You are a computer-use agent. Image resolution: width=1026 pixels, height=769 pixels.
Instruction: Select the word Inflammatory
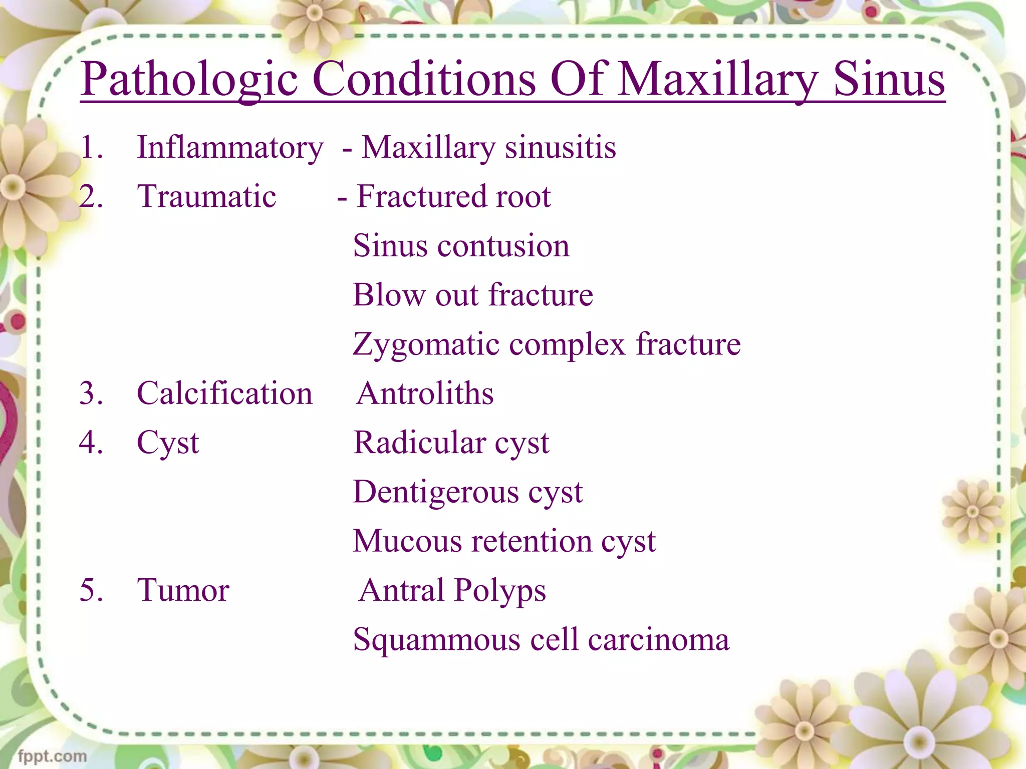point(230,148)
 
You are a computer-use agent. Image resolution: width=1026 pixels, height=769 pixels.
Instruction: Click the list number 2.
point(91,196)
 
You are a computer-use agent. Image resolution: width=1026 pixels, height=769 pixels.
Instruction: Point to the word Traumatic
point(206,196)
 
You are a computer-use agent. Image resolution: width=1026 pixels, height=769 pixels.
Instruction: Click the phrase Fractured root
point(453,196)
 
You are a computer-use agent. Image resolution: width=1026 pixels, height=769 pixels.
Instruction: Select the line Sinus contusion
point(461,246)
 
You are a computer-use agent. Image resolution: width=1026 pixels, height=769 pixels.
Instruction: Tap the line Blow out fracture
point(472,295)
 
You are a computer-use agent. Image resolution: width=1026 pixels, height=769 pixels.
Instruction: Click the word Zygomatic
point(426,344)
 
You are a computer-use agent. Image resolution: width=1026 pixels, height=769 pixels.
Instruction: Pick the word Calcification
point(224,394)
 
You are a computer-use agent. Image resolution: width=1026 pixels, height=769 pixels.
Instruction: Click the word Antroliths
point(425,394)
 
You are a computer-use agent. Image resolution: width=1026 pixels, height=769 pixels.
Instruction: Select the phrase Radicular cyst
point(451,443)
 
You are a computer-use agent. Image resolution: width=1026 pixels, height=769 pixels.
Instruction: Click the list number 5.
point(91,590)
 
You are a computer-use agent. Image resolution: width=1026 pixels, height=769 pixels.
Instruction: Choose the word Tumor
point(183,590)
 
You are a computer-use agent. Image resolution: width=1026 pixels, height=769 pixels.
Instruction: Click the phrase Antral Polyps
point(452,591)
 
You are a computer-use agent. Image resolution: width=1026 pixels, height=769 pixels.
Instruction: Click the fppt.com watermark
point(52,756)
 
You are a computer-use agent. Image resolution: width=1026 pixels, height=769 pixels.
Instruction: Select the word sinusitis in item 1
point(560,148)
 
